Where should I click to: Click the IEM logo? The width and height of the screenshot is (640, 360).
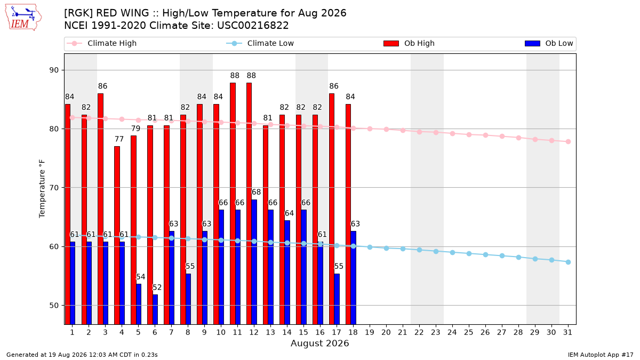pos(23,18)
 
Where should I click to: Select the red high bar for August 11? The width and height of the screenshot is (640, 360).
pos(233,203)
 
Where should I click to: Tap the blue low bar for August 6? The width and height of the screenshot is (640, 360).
pos(155,309)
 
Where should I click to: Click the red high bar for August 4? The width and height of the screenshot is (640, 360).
pos(117,235)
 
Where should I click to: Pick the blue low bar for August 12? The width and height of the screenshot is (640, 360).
pos(254,262)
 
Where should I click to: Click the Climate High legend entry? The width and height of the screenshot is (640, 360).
pos(101,43)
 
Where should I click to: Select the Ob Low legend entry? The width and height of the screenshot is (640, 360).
pos(549,43)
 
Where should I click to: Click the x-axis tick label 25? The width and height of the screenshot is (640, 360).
pos(469,332)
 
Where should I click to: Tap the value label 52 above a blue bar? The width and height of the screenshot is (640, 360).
pos(157,287)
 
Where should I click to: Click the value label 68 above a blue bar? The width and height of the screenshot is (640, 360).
pos(257,192)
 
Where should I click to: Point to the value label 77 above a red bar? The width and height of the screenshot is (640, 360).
pos(119,139)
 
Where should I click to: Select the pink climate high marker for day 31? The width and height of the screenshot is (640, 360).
pos(568,142)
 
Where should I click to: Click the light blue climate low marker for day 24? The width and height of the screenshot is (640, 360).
pos(452,253)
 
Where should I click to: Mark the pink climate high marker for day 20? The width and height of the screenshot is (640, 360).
pos(386,130)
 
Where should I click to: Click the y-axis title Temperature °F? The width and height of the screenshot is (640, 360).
pos(42,189)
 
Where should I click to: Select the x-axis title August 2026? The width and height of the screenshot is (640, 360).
pos(319,343)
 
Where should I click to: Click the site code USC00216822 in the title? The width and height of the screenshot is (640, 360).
pos(253,26)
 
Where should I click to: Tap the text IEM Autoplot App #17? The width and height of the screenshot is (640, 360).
pos(601,355)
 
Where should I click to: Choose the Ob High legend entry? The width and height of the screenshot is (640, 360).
pos(409,43)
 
